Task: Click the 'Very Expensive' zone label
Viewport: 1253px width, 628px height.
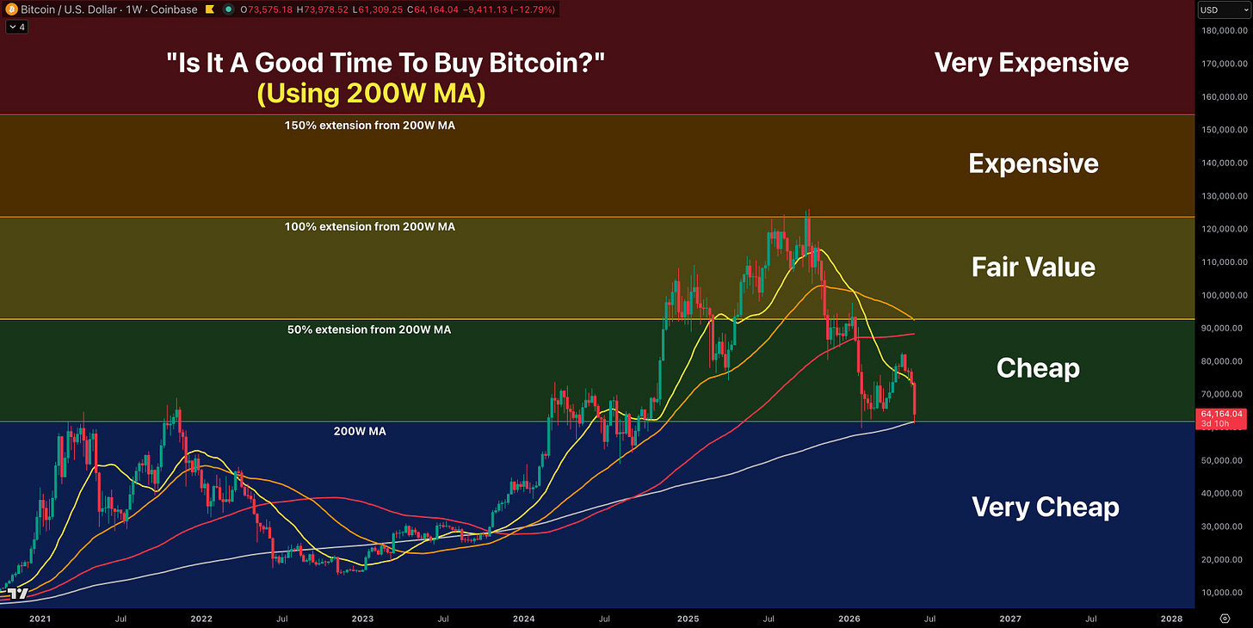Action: (1032, 63)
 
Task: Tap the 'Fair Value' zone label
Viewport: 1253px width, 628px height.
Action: (1034, 267)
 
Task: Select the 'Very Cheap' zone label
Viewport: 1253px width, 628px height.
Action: (1046, 508)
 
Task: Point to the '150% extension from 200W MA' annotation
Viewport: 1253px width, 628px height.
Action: (370, 126)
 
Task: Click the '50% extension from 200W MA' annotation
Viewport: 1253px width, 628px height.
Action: (369, 329)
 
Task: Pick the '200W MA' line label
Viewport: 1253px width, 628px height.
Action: (360, 431)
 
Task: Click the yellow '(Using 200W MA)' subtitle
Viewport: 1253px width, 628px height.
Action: (371, 93)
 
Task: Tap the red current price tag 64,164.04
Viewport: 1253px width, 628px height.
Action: (1221, 419)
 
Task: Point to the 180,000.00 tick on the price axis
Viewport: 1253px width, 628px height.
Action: (1225, 30)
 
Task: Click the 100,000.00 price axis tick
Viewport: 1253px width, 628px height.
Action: (1225, 295)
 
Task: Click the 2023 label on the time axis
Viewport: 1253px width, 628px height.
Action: (362, 619)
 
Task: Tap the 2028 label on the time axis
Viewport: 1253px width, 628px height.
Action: (1171, 619)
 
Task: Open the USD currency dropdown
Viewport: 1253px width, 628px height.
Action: (1224, 9)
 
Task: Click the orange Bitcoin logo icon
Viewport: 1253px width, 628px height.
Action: (11, 9)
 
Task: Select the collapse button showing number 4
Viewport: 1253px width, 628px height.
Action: (17, 27)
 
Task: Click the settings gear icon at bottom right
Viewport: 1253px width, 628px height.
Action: (1225, 619)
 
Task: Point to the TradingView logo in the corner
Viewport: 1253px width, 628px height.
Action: (17, 594)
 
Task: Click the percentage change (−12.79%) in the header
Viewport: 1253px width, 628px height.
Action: (533, 9)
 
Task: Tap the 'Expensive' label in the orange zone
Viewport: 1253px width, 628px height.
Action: (1034, 163)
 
